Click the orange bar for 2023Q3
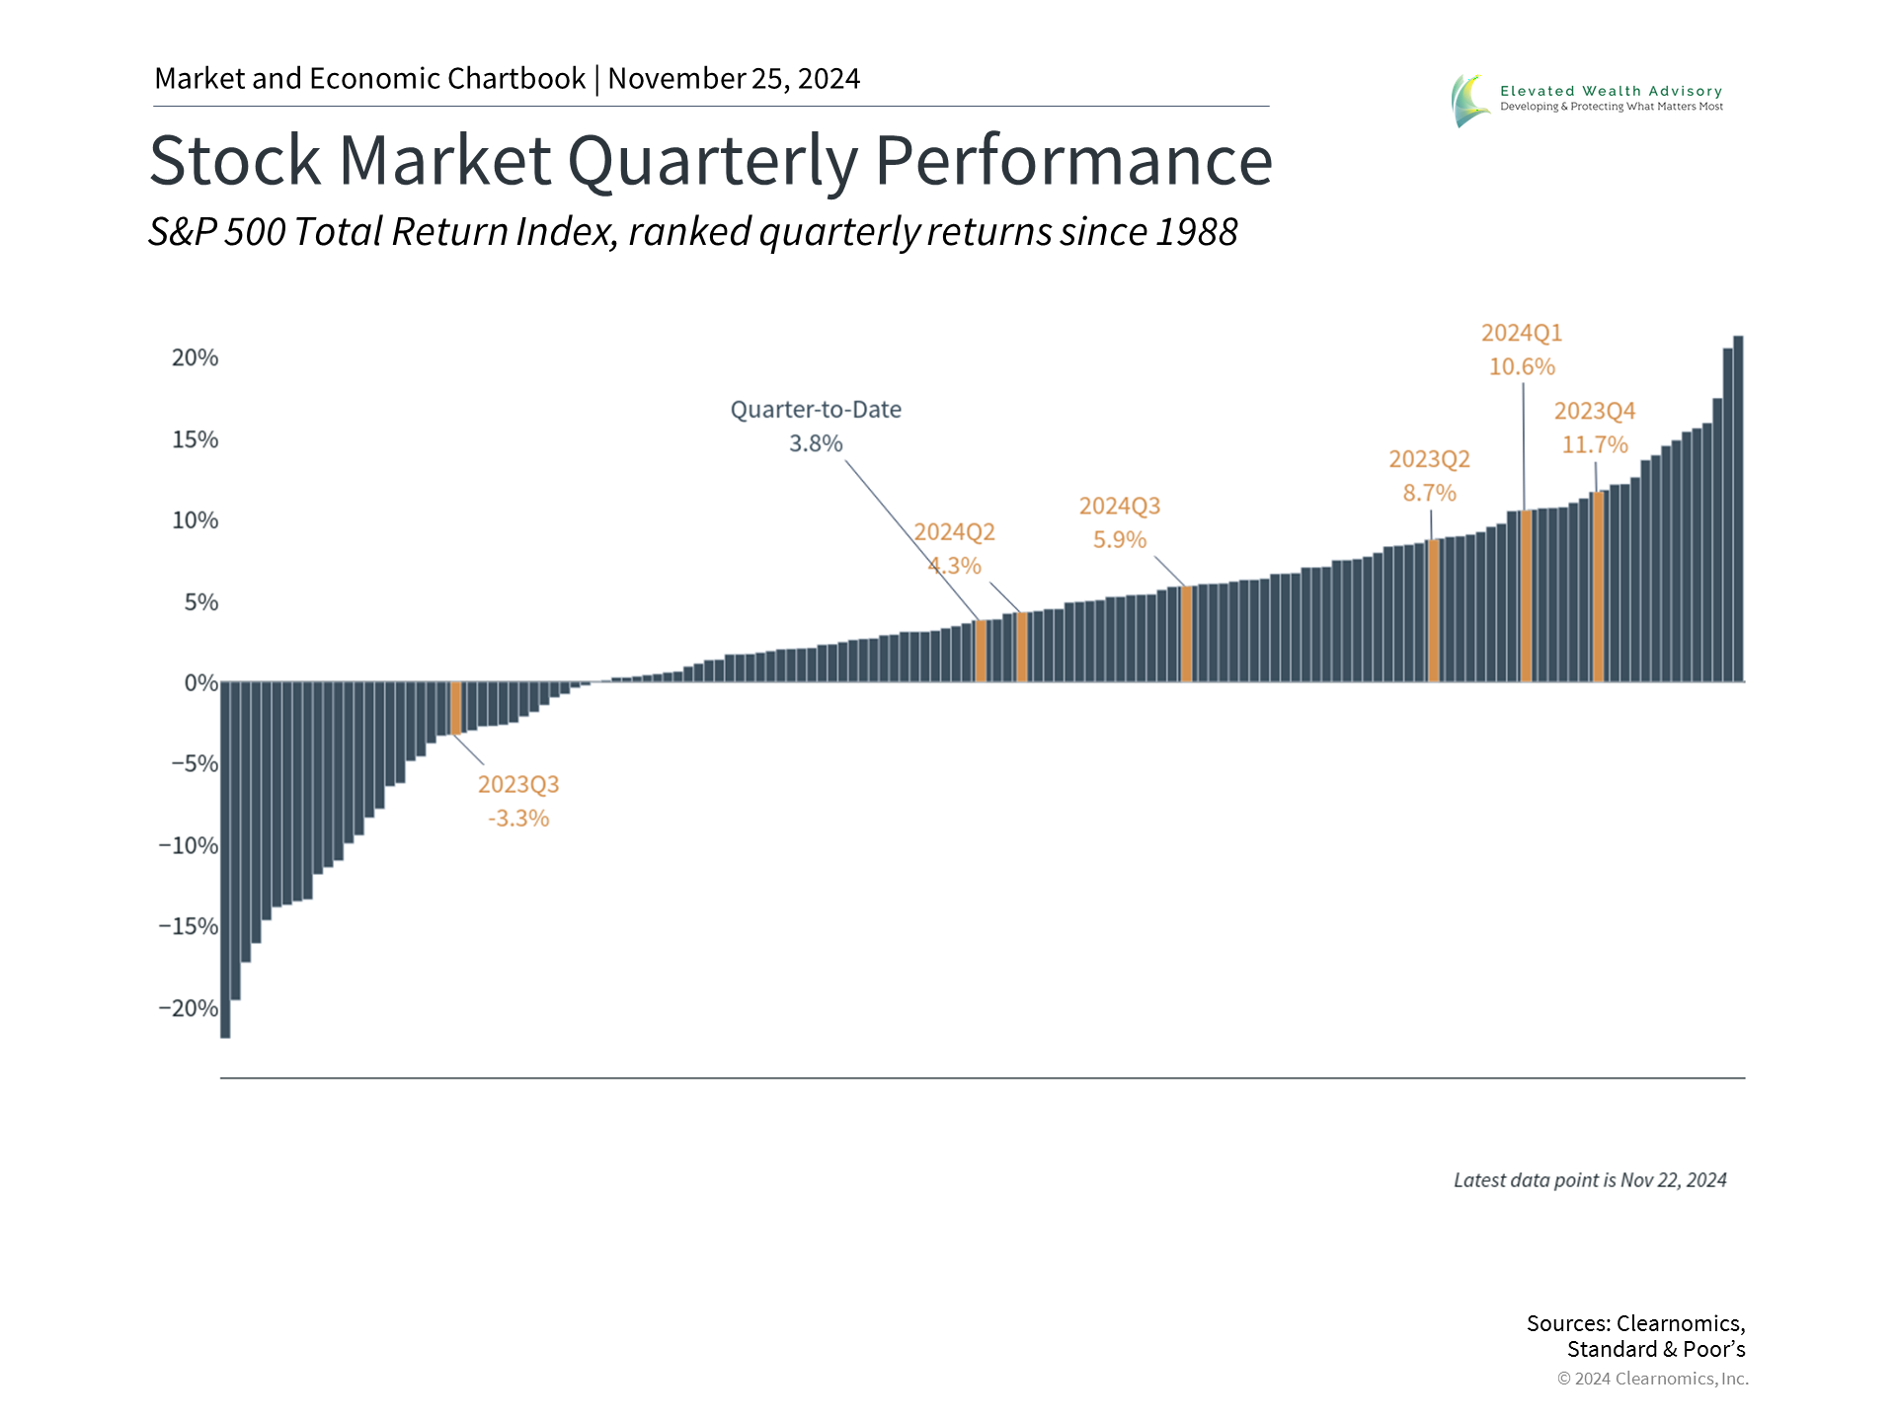[x=456, y=708]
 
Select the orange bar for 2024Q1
[x=1526, y=596]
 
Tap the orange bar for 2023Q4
[x=1598, y=587]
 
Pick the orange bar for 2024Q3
[x=1186, y=634]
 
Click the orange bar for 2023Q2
[x=1433, y=610]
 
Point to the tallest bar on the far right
[x=1738, y=509]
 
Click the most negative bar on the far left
[x=225, y=859]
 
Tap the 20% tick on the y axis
[x=195, y=357]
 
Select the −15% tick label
[x=189, y=926]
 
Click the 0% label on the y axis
[x=200, y=682]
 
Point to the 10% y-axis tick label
[x=195, y=520]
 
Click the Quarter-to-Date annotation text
[x=816, y=410]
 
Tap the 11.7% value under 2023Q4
[x=1594, y=445]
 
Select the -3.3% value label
[x=518, y=819]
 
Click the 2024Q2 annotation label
[x=954, y=532]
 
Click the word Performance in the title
[x=1073, y=160]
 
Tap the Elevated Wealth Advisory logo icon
[x=1469, y=100]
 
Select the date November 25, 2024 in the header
[x=734, y=79]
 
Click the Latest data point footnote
[x=1589, y=1180]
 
